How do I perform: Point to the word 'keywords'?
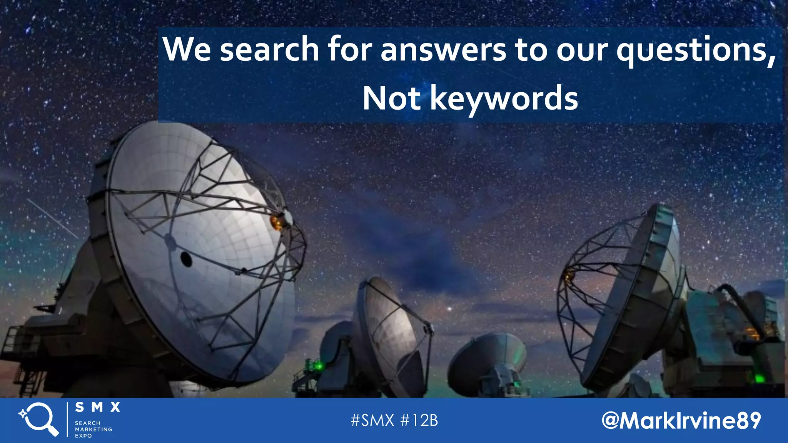point(504,99)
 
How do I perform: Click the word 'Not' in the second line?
point(391,98)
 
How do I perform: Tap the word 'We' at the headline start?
point(187,49)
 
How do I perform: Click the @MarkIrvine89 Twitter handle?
point(681,420)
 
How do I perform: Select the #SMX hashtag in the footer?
point(372,420)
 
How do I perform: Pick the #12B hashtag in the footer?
point(419,420)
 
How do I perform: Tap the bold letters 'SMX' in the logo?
point(98,407)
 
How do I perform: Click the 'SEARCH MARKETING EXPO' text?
point(93,429)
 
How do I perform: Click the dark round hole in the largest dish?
point(186,260)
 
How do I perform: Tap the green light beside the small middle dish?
point(318,366)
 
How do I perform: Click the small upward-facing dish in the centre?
point(487,358)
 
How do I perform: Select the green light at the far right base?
point(759,379)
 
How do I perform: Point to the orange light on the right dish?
point(568,274)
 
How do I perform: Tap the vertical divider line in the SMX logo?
point(67,420)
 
